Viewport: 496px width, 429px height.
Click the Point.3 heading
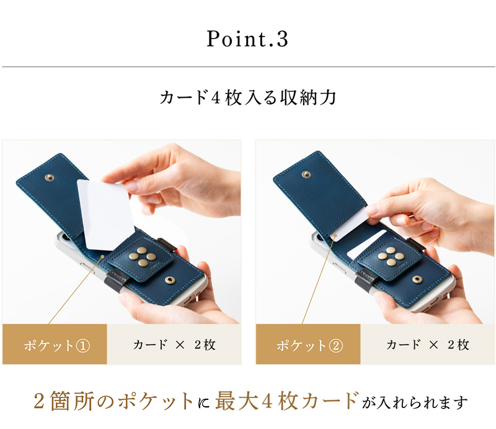pyautogui.click(x=247, y=39)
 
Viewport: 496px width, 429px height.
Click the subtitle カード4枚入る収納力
pyautogui.click(x=247, y=98)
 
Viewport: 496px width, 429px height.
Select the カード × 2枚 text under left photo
pyautogui.click(x=174, y=345)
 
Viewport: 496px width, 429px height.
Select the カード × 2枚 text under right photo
pyautogui.click(x=428, y=345)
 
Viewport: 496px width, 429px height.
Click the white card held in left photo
pyautogui.click(x=105, y=214)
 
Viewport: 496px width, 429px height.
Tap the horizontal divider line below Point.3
pyautogui.click(x=247, y=66)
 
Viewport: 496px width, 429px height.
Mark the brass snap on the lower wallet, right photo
pyautogui.click(x=417, y=280)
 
